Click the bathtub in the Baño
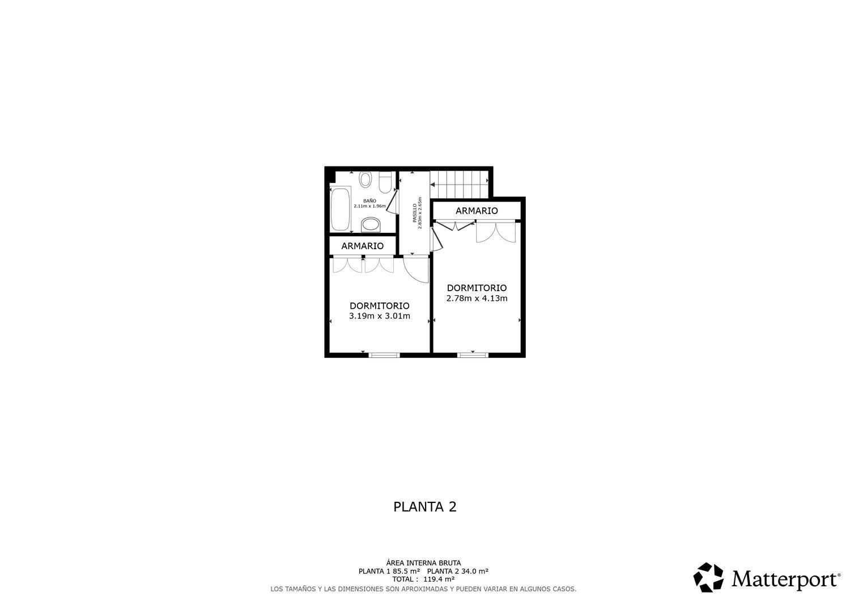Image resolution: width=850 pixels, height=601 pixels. coord(341,209)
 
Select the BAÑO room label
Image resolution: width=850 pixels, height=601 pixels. coord(369,201)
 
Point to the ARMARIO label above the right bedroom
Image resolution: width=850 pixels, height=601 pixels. coord(477,211)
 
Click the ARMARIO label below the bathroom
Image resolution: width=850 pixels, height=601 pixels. coord(362,246)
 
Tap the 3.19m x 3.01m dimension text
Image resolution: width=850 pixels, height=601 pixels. coord(379,316)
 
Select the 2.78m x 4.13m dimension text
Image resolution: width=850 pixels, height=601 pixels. coord(477,299)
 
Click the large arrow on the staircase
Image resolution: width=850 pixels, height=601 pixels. coord(433,184)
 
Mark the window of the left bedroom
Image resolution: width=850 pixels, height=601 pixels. coord(384,355)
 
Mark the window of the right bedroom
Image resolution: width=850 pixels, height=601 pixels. coord(473,355)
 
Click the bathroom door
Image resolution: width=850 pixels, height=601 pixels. coord(391,201)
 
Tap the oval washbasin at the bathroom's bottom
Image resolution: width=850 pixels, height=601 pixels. coord(371,225)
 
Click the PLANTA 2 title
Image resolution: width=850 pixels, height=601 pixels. coord(424,506)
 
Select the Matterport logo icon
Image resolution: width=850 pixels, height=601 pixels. coord(708,578)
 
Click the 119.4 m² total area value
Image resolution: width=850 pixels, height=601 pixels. coord(439,579)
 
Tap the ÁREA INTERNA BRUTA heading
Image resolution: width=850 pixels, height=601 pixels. coord(424,563)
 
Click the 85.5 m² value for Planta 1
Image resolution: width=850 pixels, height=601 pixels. coord(406,572)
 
